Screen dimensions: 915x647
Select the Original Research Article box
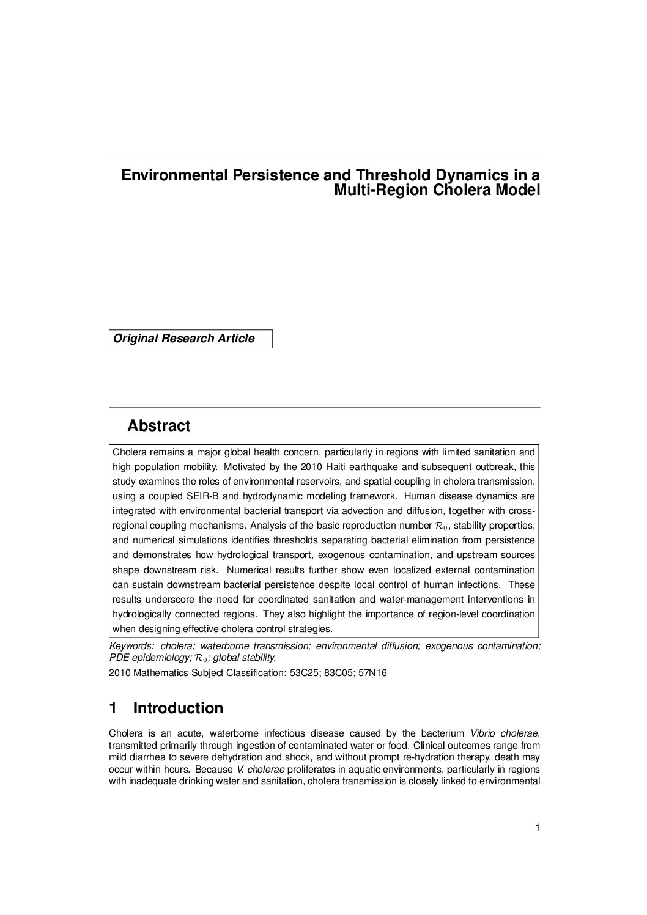(190, 339)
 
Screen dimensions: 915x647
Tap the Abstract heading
(159, 426)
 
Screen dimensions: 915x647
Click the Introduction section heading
(178, 708)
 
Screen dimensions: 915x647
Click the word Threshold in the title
(382, 175)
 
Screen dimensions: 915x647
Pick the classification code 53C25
(305, 673)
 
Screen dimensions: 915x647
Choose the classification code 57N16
(372, 673)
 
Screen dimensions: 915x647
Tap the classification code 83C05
(338, 673)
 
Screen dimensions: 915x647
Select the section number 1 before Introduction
(113, 708)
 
